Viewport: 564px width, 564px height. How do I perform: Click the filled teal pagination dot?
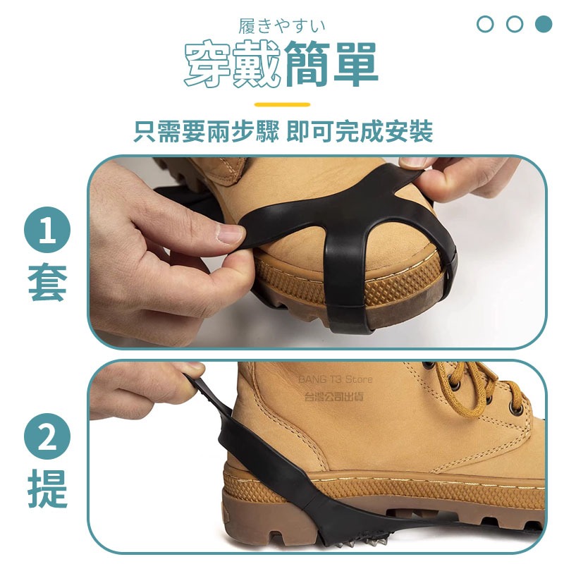point(543,24)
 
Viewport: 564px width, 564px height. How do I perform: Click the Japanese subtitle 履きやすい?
point(281,27)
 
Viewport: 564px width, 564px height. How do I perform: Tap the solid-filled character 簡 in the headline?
point(307,64)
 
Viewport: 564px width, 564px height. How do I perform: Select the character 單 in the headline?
point(356,64)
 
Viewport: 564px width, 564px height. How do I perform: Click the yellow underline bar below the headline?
point(283,104)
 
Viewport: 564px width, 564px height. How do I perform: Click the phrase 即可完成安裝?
point(360,131)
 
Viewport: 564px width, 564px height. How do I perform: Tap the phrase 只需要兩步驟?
point(206,131)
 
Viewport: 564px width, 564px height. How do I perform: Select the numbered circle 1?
point(47,230)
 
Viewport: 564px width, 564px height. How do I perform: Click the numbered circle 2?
point(47,436)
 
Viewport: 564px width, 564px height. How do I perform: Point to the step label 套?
point(47,281)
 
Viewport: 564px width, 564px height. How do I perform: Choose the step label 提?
point(47,488)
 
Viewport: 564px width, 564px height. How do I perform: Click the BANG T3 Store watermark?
point(336,379)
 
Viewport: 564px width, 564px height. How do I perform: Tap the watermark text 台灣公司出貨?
point(334,396)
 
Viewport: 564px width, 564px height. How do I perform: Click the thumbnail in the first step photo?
point(231,233)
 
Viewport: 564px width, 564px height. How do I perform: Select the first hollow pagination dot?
point(485,24)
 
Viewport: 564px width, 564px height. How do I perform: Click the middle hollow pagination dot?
point(515,24)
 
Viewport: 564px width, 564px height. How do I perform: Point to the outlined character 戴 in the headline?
point(257,64)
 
